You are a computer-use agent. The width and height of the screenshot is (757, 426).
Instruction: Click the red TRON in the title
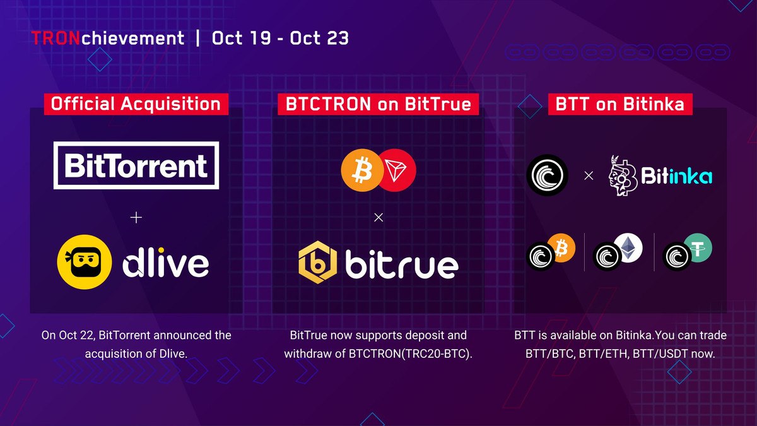[x=56, y=38]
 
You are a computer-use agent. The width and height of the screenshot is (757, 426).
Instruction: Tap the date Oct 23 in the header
[x=319, y=38]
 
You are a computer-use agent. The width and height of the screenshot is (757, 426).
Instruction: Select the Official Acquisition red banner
[x=136, y=104]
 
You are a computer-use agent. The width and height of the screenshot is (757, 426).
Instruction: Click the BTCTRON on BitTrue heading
[x=378, y=104]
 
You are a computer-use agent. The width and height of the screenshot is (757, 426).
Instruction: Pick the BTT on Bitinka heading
[x=620, y=104]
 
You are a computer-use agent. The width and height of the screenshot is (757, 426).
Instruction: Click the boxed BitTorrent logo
[x=136, y=165]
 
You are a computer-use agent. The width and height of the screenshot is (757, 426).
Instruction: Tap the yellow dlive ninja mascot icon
[x=85, y=262]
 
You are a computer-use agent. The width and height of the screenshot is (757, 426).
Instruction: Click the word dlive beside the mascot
[x=165, y=264]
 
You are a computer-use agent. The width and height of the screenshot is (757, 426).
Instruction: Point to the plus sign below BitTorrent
[x=136, y=217]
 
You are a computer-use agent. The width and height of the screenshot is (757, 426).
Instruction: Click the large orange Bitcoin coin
[x=361, y=170]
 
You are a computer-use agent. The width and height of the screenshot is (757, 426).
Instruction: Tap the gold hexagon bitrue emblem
[x=318, y=263]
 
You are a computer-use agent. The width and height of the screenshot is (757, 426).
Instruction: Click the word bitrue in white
[x=402, y=264]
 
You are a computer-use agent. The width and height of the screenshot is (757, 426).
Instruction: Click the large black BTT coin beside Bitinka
[x=547, y=175]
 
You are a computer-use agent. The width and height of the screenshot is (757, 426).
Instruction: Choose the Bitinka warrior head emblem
[x=623, y=175]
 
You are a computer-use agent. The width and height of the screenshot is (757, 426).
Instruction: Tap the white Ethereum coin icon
[x=628, y=247]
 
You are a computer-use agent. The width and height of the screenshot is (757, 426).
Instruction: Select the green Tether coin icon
[x=698, y=248]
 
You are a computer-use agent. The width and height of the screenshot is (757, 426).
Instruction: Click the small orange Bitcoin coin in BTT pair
[x=561, y=248]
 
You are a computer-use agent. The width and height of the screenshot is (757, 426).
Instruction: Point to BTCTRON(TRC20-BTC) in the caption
[x=410, y=353]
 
